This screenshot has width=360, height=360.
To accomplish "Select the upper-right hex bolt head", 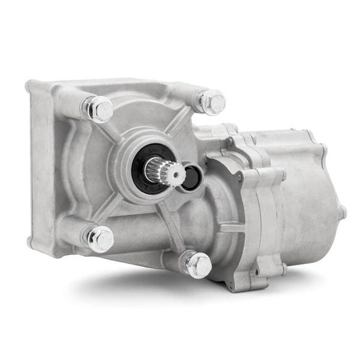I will point(212,101).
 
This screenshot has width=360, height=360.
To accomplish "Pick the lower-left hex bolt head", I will point(100,239).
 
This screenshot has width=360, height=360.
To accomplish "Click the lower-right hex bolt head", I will point(198,265).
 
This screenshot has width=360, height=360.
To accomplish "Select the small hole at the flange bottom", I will point(232,287).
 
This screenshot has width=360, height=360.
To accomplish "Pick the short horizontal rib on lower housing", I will point(231,228).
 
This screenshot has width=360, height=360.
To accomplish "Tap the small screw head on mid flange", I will point(239,178).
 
